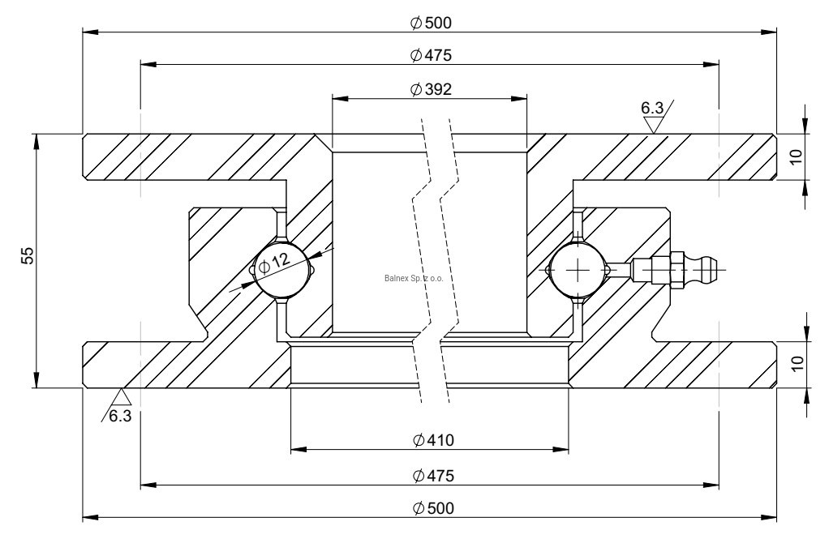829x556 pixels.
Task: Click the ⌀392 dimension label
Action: pos(431,89)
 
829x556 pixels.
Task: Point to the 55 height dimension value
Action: pos(28,257)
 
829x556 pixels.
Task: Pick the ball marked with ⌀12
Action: pos(282,269)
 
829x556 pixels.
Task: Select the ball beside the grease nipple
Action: pos(577,269)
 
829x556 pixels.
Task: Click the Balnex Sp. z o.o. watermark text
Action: pos(418,276)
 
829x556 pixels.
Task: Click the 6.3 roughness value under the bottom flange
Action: pos(119,417)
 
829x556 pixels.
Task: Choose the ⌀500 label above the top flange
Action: pos(431,23)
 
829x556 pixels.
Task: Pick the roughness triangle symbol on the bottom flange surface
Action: pos(122,396)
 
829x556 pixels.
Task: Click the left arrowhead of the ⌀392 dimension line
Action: pos(337,99)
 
